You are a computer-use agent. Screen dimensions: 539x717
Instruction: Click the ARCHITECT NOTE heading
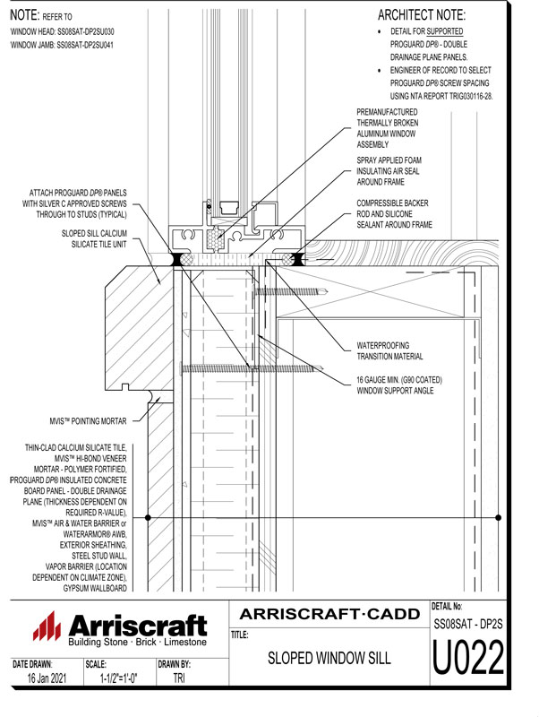click(421, 15)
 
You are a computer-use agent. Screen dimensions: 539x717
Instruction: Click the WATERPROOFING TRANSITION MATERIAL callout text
click(389, 350)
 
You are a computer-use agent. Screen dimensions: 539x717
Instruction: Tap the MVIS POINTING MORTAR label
click(88, 420)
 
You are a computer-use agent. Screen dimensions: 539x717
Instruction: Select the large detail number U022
click(467, 657)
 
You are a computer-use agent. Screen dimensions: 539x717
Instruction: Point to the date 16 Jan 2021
click(47, 678)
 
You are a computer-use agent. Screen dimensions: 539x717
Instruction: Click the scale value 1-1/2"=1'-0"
click(118, 678)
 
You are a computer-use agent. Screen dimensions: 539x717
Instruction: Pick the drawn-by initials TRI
click(179, 678)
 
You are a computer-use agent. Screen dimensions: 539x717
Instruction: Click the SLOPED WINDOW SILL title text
click(329, 658)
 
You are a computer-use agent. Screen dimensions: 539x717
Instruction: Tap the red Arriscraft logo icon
click(47, 626)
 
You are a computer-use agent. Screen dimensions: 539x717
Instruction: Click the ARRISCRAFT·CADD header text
click(329, 614)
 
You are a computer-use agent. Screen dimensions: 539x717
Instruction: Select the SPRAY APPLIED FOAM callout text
click(389, 171)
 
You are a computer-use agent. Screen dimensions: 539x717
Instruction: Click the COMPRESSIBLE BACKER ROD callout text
click(394, 213)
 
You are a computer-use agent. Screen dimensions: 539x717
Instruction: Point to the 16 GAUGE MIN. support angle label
click(399, 385)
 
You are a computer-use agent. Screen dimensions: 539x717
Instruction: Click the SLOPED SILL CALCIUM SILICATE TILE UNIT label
click(94, 238)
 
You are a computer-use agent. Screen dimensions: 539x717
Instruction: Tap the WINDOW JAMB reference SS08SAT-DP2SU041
click(62, 45)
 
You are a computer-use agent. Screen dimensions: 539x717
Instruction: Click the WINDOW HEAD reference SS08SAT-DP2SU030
click(62, 31)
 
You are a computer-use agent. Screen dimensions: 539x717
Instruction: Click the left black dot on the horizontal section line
click(148, 518)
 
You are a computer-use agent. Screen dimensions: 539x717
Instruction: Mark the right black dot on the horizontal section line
click(498, 518)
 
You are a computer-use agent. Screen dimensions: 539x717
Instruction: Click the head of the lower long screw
click(183, 367)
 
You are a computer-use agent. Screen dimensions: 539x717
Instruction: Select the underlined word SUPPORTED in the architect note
click(444, 31)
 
